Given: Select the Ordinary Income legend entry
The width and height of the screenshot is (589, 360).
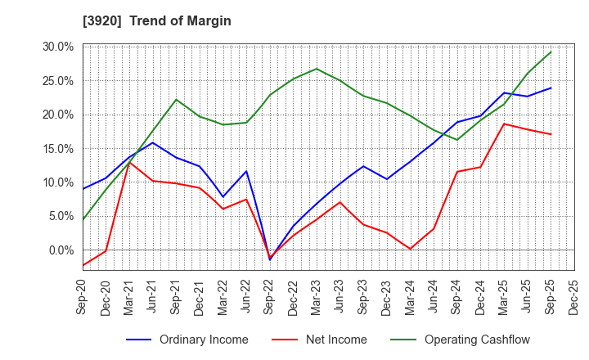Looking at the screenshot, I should pyautogui.click(x=204, y=340).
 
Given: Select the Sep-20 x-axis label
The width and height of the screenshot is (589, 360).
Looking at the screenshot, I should pyautogui.click(x=83, y=299).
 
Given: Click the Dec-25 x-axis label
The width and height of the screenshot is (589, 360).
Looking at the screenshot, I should pyautogui.click(x=574, y=299).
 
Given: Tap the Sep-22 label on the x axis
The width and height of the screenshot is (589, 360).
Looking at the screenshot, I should pyautogui.click(x=271, y=299).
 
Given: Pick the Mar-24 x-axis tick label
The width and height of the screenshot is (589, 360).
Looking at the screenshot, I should pyautogui.click(x=411, y=299).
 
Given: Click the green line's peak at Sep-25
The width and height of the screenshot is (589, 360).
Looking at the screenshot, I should pyautogui.click(x=551, y=52).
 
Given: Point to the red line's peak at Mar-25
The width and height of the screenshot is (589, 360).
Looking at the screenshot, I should pyautogui.click(x=504, y=124).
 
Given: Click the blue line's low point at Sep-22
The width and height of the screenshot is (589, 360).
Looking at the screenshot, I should pyautogui.click(x=270, y=259).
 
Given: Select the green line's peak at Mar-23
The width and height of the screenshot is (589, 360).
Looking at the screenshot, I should pyautogui.click(x=317, y=68).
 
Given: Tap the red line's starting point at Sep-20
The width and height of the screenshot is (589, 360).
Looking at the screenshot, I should pyautogui.click(x=83, y=265).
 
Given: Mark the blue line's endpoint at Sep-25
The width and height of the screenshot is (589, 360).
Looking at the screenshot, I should pyautogui.click(x=551, y=88).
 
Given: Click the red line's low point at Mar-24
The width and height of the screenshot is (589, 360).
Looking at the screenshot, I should pyautogui.click(x=410, y=249).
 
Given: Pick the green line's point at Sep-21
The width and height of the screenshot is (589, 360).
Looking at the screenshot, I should pyautogui.click(x=176, y=99).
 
